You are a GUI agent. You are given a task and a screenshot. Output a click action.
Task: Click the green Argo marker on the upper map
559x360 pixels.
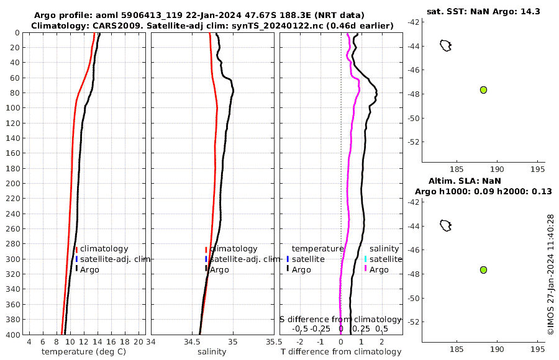(x=483, y=90)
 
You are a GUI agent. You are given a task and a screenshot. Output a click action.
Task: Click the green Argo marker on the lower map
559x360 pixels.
(x=483, y=270)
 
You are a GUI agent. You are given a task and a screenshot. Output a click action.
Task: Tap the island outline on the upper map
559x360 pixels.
(x=445, y=45)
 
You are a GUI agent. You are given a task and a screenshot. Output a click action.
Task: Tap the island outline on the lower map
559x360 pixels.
(x=445, y=225)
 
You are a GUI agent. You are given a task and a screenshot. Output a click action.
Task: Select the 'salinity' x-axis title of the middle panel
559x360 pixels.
(x=211, y=352)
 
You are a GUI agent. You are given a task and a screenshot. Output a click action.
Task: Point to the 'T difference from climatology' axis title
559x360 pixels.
(x=341, y=352)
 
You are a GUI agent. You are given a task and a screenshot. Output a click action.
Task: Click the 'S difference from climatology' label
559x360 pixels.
(x=340, y=319)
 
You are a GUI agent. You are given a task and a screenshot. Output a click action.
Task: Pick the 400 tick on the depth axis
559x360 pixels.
(x=12, y=335)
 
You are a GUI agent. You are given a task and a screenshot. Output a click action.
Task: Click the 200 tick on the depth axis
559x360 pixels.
(x=12, y=184)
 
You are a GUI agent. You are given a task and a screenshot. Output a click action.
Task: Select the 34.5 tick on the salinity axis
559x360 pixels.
(x=192, y=342)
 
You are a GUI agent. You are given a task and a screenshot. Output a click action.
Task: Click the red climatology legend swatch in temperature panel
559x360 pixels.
(x=76, y=249)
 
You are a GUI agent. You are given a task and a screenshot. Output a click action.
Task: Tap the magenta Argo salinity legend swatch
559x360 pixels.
(x=366, y=269)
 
